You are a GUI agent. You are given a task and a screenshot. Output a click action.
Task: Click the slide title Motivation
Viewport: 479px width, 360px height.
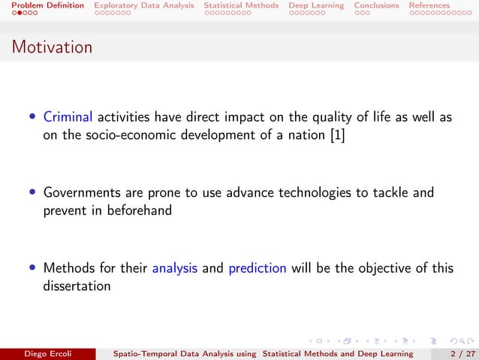click(52, 47)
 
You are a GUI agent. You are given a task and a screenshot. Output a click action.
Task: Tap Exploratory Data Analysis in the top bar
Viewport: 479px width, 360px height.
click(143, 5)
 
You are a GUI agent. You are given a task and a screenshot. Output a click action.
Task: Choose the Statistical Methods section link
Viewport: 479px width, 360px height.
click(241, 5)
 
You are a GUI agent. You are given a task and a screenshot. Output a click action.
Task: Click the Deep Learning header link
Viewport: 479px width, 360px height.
click(316, 5)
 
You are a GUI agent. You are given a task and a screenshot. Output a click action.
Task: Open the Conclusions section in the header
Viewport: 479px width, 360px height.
click(376, 5)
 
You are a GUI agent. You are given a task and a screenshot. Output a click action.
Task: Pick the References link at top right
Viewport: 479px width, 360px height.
click(429, 5)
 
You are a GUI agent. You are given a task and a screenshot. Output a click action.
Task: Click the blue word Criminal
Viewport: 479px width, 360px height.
click(68, 116)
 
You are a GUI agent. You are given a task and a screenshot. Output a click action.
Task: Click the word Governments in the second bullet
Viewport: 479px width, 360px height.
click(82, 193)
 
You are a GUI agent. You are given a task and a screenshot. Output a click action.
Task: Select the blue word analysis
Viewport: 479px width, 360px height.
click(174, 268)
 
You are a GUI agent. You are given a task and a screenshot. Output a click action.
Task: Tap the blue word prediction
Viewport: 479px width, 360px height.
click(258, 268)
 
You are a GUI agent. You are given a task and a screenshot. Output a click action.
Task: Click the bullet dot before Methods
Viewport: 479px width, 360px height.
click(32, 268)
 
